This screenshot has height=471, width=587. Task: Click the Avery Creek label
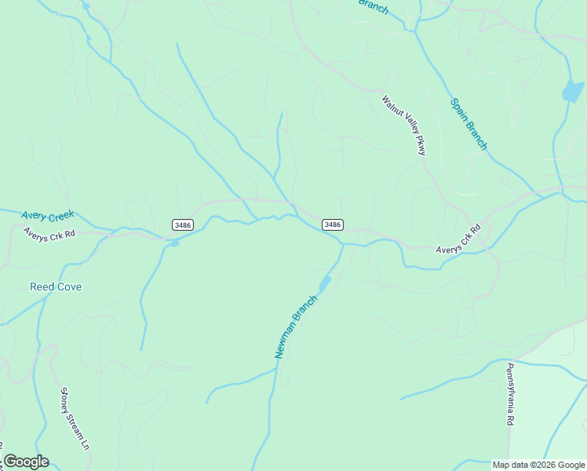(x=47, y=215)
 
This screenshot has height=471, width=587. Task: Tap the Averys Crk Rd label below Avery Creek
(x=49, y=234)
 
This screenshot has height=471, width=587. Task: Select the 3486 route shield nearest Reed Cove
(x=182, y=225)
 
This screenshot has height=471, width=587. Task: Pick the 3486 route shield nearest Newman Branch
(x=332, y=225)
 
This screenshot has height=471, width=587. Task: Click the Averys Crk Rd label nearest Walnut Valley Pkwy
(x=458, y=239)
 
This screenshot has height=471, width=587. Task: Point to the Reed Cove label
(x=56, y=287)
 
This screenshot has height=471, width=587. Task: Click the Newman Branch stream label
(x=296, y=327)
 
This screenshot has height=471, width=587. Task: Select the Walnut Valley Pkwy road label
(x=403, y=125)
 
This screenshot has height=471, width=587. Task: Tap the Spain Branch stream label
(x=469, y=124)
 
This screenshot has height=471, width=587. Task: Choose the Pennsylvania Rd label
(x=509, y=394)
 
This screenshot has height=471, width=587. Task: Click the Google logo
(x=26, y=462)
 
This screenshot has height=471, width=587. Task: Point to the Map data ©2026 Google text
(x=539, y=465)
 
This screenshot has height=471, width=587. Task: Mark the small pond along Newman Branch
(x=324, y=282)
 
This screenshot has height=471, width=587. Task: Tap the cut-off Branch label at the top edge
(x=374, y=5)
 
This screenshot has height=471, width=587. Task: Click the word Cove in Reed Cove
(x=68, y=287)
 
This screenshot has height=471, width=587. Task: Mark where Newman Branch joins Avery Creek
(x=342, y=244)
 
